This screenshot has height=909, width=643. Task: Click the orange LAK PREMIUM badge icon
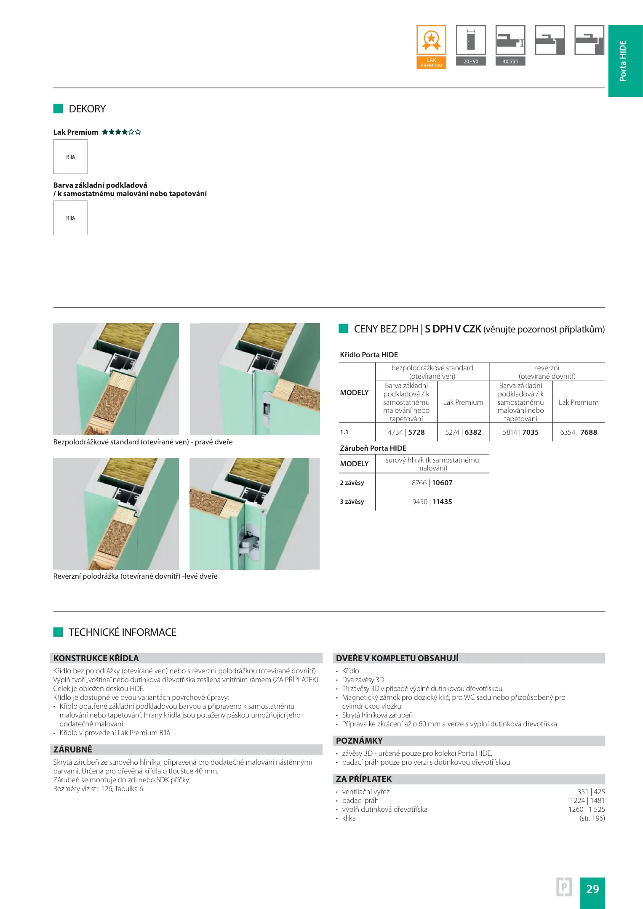431,47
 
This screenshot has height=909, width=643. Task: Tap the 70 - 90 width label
471,61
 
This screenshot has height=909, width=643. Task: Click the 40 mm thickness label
510,61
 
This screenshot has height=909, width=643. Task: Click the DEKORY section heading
87,109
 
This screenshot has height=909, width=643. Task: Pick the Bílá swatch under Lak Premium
70,157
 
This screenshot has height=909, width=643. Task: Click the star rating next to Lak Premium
121,132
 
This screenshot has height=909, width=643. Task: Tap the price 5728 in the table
416,432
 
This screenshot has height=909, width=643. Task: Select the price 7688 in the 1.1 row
589,432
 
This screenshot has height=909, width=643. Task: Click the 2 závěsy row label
352,483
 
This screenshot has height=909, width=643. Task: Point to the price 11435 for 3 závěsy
442,502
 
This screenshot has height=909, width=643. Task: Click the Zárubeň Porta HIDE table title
373,448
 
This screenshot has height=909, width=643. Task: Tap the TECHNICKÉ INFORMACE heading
123,632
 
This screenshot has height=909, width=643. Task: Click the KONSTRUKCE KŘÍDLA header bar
186,658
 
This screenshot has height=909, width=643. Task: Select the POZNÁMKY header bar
468,741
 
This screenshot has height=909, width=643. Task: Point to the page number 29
592,889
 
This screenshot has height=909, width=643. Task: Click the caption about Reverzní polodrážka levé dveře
135,576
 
